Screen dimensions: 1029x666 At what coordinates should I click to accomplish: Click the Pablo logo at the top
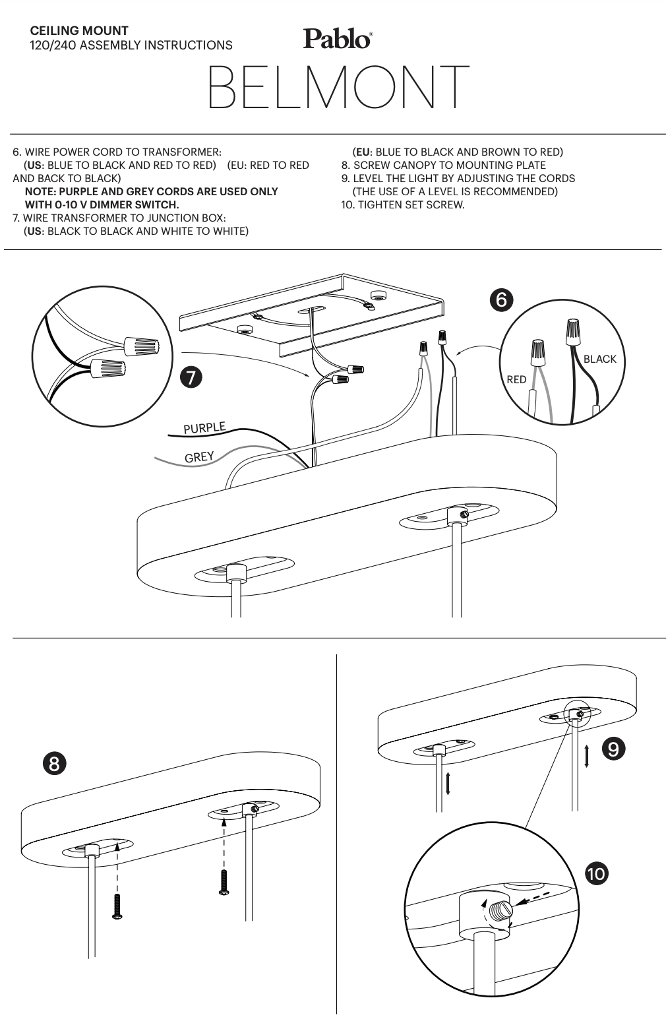point(337,38)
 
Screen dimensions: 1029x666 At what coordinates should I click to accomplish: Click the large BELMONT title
point(339,87)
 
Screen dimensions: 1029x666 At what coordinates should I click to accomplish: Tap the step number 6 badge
point(500,299)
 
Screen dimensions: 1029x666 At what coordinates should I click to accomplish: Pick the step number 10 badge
point(597,874)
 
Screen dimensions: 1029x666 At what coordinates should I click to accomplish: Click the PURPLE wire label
point(204,427)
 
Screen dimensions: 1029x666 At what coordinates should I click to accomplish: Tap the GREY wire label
point(198,457)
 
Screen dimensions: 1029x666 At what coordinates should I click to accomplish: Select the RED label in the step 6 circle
point(516,379)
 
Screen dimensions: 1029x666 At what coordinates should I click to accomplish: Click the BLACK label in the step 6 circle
point(599,359)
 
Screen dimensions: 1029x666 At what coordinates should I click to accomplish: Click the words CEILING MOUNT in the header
point(79,30)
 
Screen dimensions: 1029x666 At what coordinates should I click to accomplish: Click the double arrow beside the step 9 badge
point(586,755)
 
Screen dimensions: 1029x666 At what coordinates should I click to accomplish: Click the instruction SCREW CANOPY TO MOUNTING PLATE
point(449,165)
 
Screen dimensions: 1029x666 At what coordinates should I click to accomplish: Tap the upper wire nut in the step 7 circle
point(142,344)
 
